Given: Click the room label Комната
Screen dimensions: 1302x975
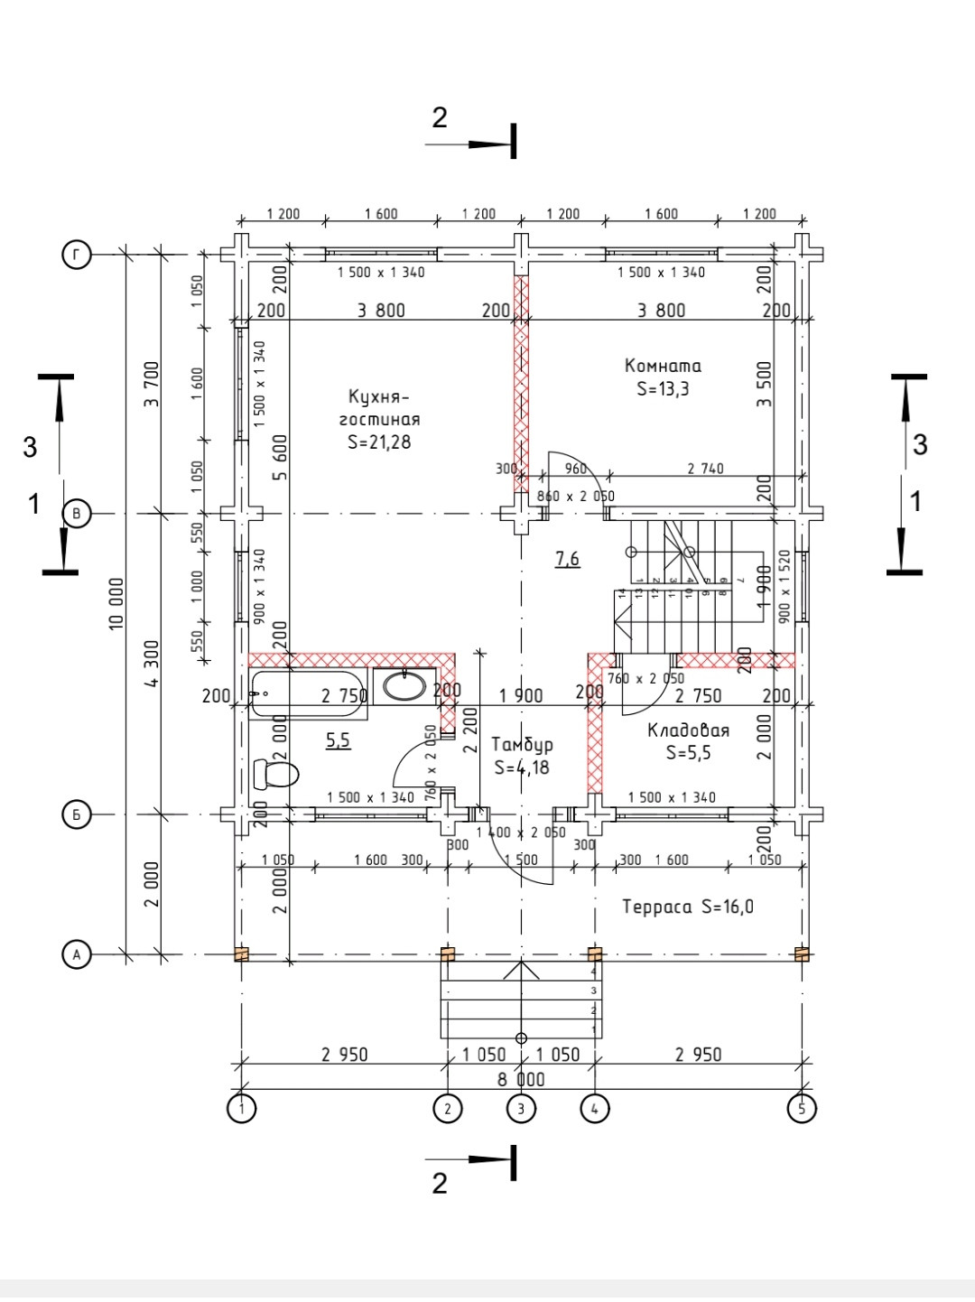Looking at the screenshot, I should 663,366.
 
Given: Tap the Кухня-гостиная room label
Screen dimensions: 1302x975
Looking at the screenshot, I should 379,407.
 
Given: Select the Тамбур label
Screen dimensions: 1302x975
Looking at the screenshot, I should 522,745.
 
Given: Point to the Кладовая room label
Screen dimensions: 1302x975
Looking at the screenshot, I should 688,730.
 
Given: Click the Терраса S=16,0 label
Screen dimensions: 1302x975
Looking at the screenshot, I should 688,907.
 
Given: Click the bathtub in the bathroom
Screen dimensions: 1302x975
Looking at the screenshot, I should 308,694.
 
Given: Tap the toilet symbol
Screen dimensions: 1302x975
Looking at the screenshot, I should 276,774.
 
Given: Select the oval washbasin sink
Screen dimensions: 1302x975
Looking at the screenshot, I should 404,685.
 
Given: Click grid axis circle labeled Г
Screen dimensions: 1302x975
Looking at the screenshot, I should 77,256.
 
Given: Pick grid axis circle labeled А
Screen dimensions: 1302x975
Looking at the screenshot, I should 77,954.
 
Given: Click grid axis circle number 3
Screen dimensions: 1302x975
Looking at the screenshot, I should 521,1108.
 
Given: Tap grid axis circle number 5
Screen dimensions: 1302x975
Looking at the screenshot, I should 802,1108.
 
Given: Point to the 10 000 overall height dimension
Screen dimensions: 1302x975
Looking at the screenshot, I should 117,604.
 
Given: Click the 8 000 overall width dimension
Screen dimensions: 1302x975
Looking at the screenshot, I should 521,1079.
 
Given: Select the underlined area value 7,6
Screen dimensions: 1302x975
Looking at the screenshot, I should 567,560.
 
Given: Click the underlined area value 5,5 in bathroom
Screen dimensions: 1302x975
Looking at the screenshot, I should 338,741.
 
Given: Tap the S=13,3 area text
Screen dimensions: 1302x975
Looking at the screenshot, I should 663,389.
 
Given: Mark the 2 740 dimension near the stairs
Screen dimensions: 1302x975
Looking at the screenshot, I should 704,469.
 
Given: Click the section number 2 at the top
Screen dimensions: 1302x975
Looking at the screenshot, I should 440,117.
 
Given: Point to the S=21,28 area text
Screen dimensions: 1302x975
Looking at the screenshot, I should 379,442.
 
